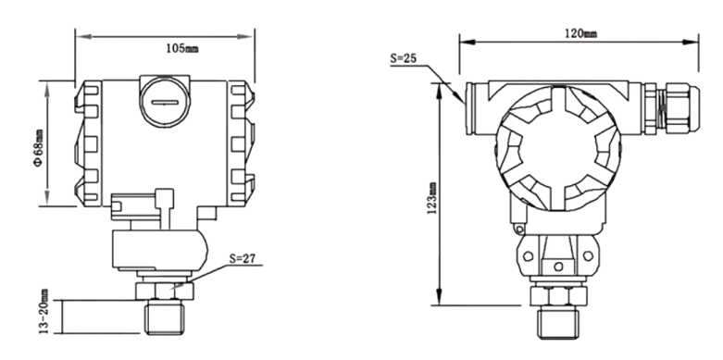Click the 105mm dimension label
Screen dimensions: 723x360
182,48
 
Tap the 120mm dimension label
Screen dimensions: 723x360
581,33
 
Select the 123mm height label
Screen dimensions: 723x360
432,198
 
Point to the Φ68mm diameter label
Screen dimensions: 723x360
39,147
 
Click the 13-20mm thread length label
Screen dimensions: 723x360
44,311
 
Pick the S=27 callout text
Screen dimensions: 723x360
242,259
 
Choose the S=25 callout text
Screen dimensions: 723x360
404,58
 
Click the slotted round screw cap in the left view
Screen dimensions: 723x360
165,102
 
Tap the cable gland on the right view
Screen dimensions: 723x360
671,109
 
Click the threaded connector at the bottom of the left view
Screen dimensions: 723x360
164,317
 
